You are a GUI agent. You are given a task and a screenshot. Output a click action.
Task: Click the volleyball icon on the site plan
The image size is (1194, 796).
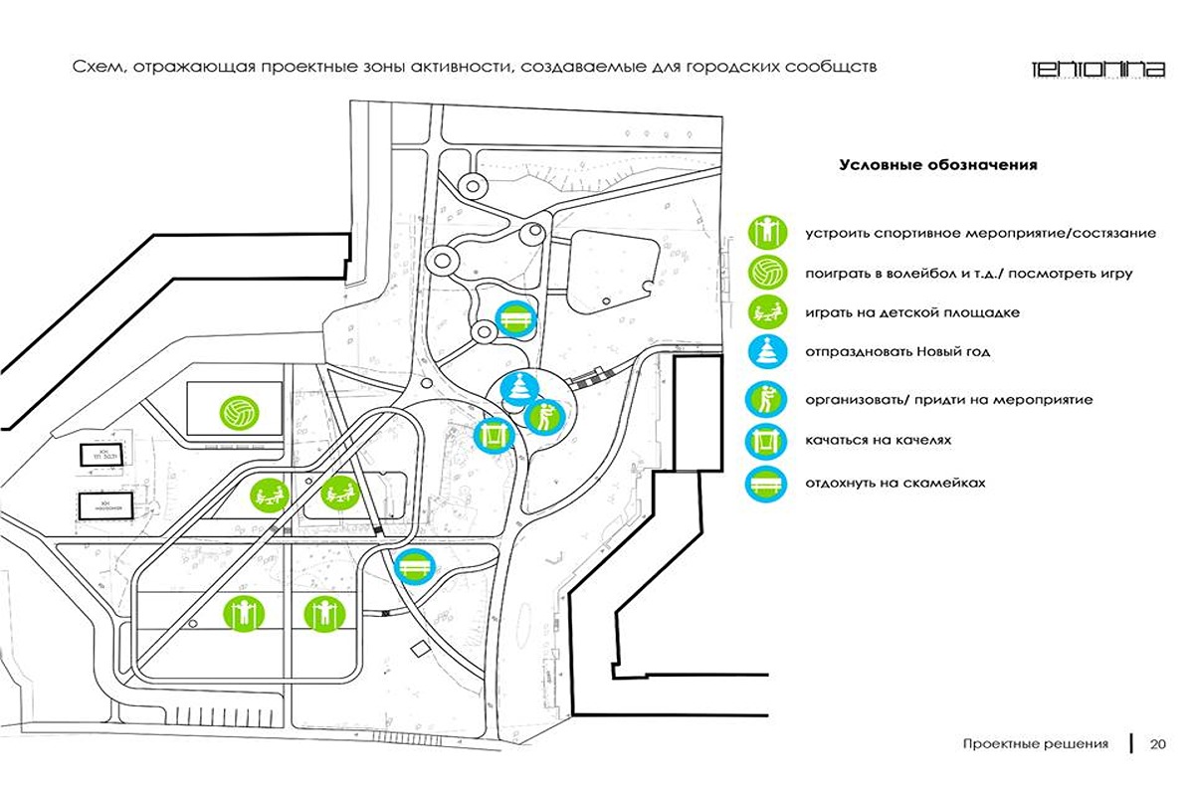[239, 411]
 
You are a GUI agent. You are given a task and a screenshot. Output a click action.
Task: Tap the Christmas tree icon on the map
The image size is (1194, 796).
[517, 388]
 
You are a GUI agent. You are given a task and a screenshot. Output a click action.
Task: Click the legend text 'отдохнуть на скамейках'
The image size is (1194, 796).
[895, 483]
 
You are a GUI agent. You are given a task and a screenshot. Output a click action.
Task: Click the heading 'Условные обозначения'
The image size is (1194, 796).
[937, 165]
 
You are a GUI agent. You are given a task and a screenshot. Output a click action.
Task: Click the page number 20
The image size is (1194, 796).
[1158, 744]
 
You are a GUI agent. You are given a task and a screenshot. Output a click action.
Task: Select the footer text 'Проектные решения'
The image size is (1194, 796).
[1035, 744]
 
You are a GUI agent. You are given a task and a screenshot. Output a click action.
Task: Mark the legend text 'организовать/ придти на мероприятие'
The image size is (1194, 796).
[949, 400]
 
